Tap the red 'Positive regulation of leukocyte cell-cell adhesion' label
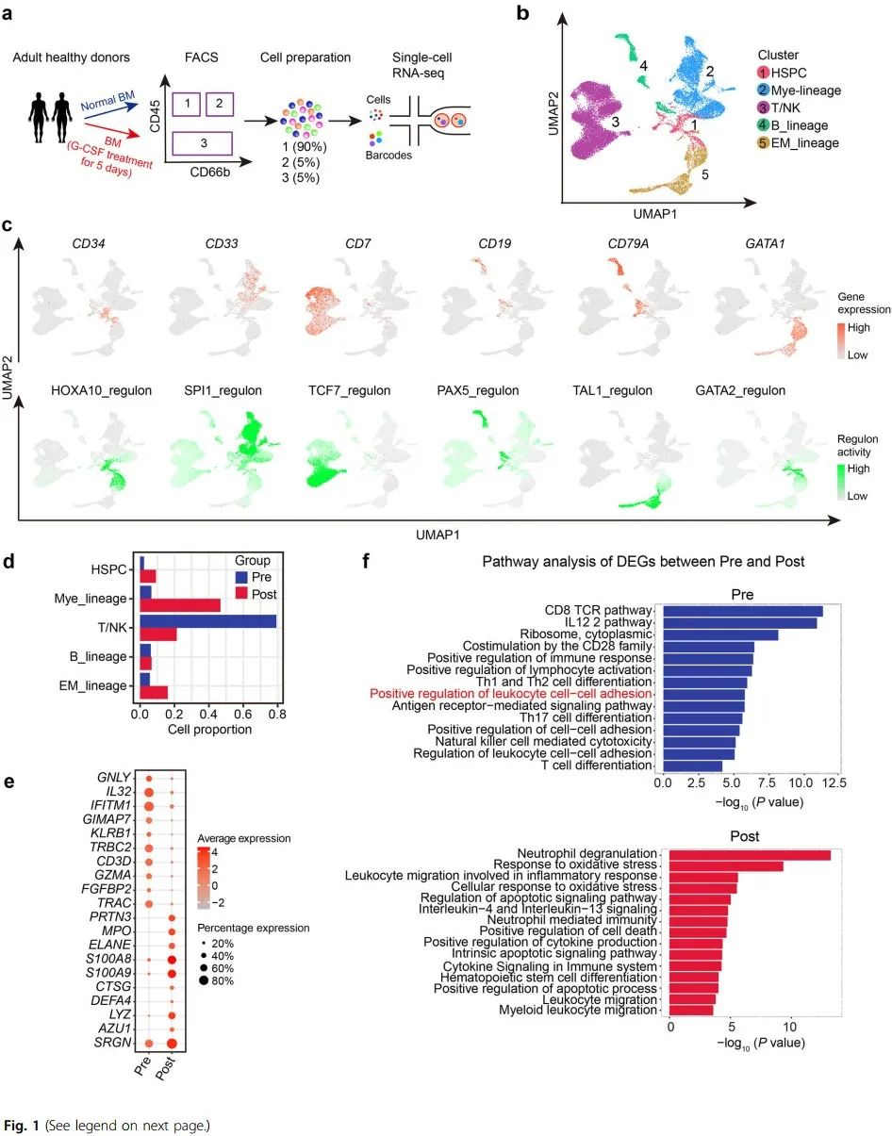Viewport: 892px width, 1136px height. coord(511,693)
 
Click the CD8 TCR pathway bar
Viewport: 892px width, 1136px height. coord(742,611)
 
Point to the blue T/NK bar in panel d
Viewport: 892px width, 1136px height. coord(208,621)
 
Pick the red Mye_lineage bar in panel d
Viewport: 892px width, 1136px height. coord(180,604)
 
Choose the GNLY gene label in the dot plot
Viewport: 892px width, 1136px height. coord(114,777)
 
